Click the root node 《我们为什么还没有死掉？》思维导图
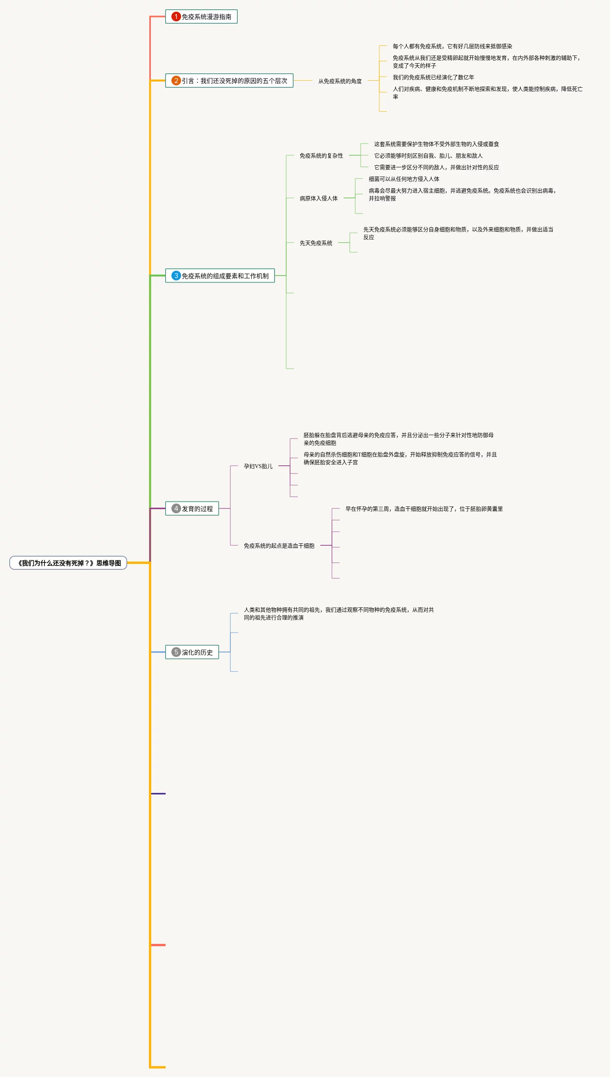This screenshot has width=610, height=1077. (x=68, y=563)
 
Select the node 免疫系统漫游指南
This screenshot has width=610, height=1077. (x=206, y=17)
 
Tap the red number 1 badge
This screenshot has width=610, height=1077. (x=176, y=17)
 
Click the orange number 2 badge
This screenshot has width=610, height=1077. (x=176, y=80)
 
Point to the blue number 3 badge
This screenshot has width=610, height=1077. (x=176, y=276)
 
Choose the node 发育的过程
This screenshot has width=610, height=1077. (x=197, y=508)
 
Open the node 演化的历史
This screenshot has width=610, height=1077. (x=197, y=652)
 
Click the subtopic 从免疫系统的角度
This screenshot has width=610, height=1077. (x=340, y=81)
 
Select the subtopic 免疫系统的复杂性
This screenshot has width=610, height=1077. (x=321, y=156)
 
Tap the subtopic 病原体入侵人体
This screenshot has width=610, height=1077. (x=318, y=198)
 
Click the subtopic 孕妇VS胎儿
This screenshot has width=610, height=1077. (x=258, y=466)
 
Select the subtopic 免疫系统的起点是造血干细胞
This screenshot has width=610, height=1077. (x=279, y=546)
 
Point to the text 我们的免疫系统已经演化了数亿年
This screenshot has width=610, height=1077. (x=433, y=77)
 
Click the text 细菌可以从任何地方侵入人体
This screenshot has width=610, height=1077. (x=404, y=179)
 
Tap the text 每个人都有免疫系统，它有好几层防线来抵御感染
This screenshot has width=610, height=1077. (x=452, y=46)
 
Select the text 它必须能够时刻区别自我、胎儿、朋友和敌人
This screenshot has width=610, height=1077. (x=428, y=156)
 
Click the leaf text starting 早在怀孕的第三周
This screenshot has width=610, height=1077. (x=423, y=509)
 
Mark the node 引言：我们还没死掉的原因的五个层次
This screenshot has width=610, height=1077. (x=234, y=80)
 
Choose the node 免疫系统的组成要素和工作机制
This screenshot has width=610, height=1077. (x=225, y=276)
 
